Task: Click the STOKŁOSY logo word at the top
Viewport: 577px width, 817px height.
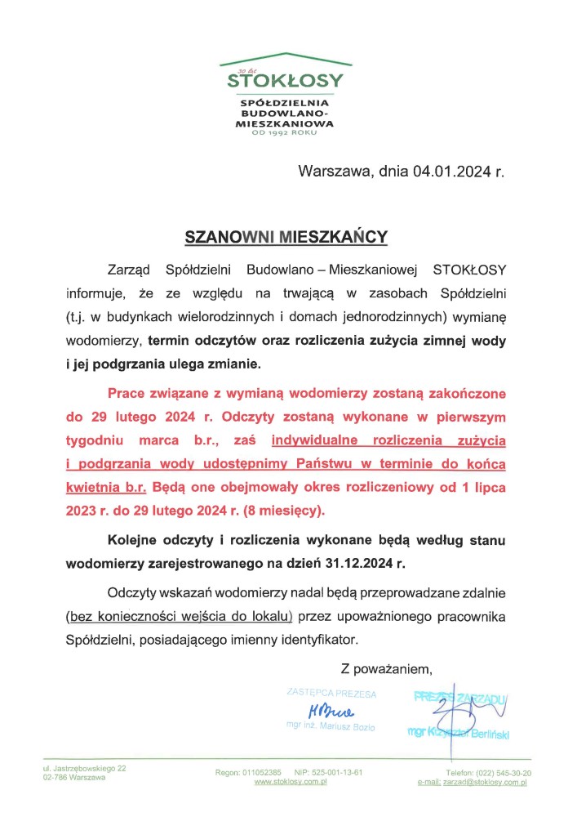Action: pos(285,82)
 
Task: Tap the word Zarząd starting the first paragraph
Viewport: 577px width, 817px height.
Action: pos(130,270)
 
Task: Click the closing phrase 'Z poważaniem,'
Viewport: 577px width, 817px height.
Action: pos(386,670)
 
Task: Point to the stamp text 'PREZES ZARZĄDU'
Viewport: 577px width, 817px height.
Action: pos(460,697)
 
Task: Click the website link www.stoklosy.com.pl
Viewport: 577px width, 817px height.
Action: pos(291,782)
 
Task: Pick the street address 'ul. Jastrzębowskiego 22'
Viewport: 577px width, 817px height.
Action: pos(84,768)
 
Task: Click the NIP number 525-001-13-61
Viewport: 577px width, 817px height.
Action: pos(335,772)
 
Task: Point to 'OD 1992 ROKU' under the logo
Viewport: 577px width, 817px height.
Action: pos(285,133)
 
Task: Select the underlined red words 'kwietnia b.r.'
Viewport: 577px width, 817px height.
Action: pos(106,488)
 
